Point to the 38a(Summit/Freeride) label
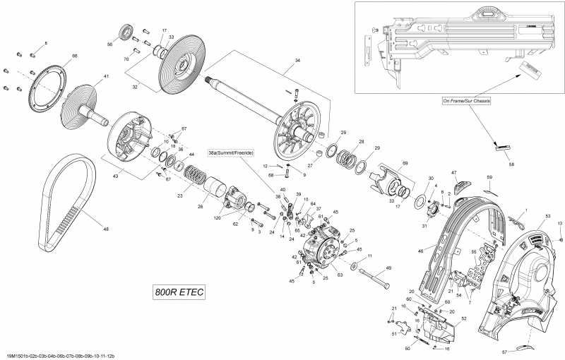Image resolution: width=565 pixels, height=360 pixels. (x=230, y=152)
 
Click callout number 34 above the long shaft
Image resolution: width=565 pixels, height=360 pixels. (x=297, y=61)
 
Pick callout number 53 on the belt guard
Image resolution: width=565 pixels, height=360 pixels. (x=547, y=215)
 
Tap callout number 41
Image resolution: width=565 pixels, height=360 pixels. (x=106, y=76)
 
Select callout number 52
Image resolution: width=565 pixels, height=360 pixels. (x=463, y=318)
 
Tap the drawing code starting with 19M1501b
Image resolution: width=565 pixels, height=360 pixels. (x=60, y=355)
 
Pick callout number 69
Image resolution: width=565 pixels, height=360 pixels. (x=405, y=163)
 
